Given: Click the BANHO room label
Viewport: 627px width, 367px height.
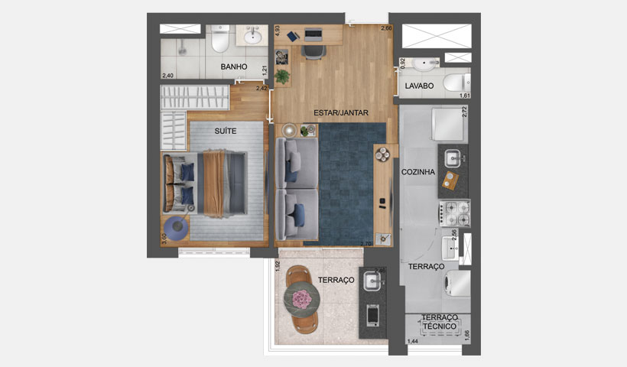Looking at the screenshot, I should pos(234,67).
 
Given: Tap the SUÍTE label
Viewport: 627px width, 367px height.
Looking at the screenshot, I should pos(225,131).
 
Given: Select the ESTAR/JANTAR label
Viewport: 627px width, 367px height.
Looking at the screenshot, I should pos(341,112).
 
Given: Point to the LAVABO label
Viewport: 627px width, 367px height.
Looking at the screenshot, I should pos(420,86).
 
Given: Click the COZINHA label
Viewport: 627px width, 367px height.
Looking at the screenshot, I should pos(418,172).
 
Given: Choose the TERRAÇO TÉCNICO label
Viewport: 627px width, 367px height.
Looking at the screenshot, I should pos(440,322).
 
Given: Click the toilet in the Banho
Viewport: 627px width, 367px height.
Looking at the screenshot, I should pos(219,37).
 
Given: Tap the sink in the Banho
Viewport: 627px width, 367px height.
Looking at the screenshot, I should pos(252,36).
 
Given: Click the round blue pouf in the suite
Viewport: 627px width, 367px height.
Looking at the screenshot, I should pos(177,227).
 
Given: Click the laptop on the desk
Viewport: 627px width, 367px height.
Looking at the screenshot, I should pos(313,34).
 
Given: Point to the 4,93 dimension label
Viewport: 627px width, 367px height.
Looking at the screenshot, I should pos(278,31).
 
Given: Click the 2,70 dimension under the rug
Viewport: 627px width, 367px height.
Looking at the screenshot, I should pos(366,243).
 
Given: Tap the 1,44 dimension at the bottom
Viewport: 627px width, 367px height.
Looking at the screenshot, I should pos(413,341).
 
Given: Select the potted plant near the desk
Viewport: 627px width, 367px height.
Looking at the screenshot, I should pos(283,76).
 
